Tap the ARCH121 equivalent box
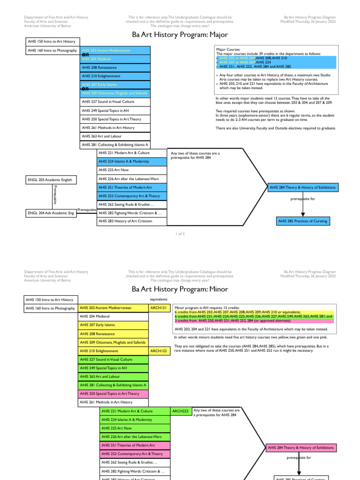[x=158, y=308]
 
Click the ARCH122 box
[x=158, y=351]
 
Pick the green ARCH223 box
[x=180, y=411]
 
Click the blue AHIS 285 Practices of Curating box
[x=302, y=221]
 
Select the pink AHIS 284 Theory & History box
[x=301, y=448]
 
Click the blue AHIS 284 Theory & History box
[x=302, y=187]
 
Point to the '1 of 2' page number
[x=180, y=233]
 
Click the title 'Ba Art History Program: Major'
[x=180, y=34]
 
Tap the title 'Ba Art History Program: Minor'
[x=180, y=289]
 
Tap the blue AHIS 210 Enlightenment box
[x=115, y=76]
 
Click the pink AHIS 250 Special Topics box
[x=113, y=393]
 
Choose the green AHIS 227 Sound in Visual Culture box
[x=113, y=360]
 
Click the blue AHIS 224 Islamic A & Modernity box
[x=132, y=161]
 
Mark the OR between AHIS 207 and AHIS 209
[x=85, y=89]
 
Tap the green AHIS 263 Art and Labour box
[x=113, y=376]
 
